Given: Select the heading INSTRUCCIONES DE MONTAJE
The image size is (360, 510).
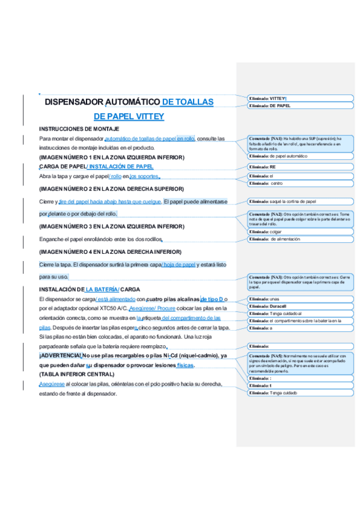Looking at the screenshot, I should click(x=79, y=129).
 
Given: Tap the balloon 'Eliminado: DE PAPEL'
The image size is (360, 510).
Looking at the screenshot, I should click(x=300, y=105).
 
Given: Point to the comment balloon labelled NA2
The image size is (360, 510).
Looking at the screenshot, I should click(x=300, y=218).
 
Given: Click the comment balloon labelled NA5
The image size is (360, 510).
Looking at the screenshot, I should click(x=300, y=361).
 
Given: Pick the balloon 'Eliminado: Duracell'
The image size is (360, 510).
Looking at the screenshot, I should click(x=300, y=306).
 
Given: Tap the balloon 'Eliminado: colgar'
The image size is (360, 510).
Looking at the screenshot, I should click(x=300, y=231).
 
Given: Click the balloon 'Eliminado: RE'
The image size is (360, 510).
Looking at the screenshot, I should click(x=300, y=167).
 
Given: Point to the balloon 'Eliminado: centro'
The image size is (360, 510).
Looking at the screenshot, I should click(x=300, y=183).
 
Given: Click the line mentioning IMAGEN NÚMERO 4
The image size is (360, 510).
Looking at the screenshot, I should click(x=110, y=251).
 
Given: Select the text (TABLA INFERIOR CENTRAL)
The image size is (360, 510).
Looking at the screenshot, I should click(x=76, y=374).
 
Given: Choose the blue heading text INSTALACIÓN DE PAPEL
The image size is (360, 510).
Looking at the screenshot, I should click(x=121, y=166).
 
